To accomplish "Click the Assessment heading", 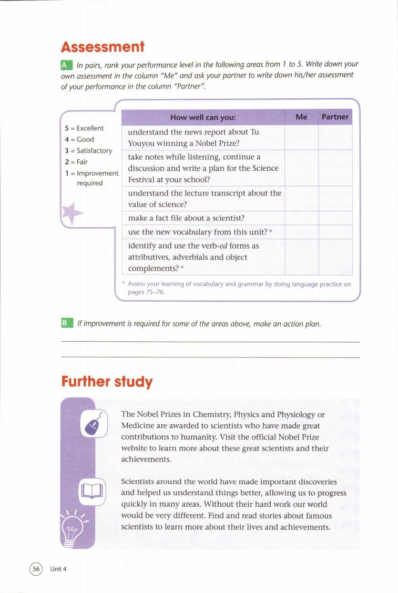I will tap(103, 47).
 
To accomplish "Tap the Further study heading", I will tap(107, 381).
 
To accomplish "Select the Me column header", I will tap(301, 117).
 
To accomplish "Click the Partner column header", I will tap(335, 117).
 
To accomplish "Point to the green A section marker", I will tap(66, 65).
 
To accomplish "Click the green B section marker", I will tap(66, 324).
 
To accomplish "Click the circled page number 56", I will tap(36, 568).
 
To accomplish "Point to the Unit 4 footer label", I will tap(58, 569).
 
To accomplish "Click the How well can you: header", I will tap(203, 117).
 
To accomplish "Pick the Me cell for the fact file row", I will tap(301, 218).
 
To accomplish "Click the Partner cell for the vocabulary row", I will tap(335, 232).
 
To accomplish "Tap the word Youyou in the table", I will tap(141, 143).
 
